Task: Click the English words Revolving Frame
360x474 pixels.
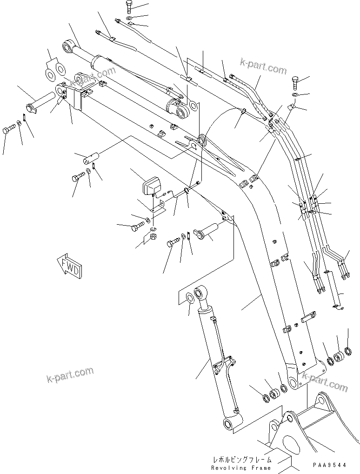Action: [x=240, y=467]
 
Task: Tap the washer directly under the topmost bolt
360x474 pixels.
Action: [x=129, y=18]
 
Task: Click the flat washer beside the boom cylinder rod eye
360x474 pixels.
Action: [x=189, y=299]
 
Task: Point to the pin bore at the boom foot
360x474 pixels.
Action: [x=293, y=382]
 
